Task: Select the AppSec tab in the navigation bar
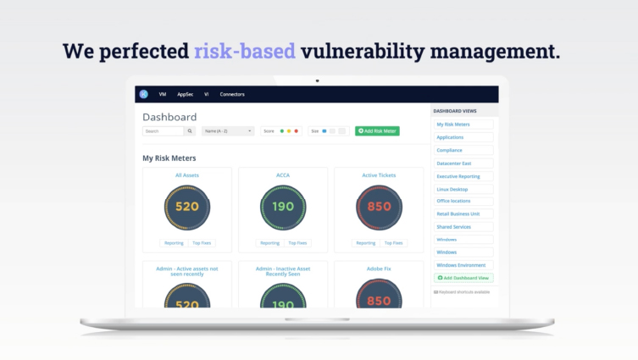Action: pyautogui.click(x=185, y=94)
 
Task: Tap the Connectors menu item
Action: pyautogui.click(x=232, y=94)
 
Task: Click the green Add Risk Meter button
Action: pyautogui.click(x=377, y=131)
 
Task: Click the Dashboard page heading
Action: pyautogui.click(x=169, y=117)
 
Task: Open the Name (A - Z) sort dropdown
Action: pyautogui.click(x=228, y=131)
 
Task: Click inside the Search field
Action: pyautogui.click(x=163, y=131)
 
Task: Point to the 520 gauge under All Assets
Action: pyautogui.click(x=187, y=207)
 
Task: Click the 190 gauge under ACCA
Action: pyautogui.click(x=283, y=207)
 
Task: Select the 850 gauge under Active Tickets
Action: pyautogui.click(x=379, y=207)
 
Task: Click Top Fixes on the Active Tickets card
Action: pyautogui.click(x=393, y=243)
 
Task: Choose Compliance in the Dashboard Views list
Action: pyautogui.click(x=450, y=150)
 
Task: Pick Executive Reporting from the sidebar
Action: pyautogui.click(x=458, y=176)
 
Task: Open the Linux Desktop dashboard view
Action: pyautogui.click(x=452, y=189)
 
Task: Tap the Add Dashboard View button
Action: pyautogui.click(x=463, y=278)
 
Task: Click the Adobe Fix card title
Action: pyautogui.click(x=379, y=269)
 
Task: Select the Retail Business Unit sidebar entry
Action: pyautogui.click(x=458, y=214)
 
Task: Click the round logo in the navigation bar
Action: pyautogui.click(x=144, y=94)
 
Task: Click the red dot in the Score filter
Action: pyautogui.click(x=297, y=131)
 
